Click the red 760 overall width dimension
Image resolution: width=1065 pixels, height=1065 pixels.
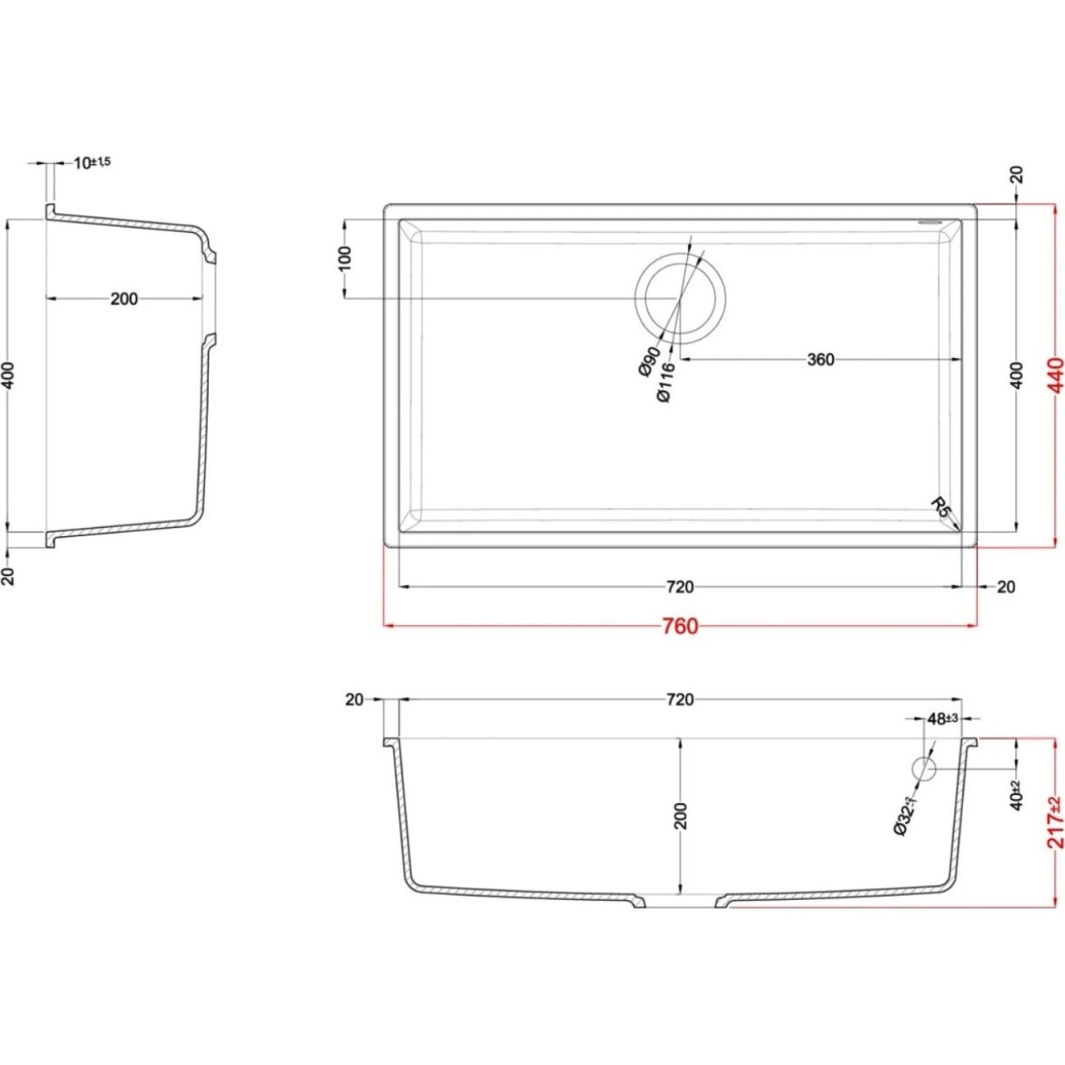(x=679, y=626)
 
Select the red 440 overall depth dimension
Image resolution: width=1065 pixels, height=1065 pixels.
(x=1055, y=375)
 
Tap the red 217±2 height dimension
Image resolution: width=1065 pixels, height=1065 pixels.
(x=1055, y=823)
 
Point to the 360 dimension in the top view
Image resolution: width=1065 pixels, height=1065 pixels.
(x=821, y=360)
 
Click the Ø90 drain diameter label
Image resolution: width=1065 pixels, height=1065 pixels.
(x=649, y=361)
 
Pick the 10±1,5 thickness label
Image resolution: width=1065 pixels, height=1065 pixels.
(x=93, y=162)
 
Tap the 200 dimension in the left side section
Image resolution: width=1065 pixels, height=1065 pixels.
(x=124, y=299)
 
